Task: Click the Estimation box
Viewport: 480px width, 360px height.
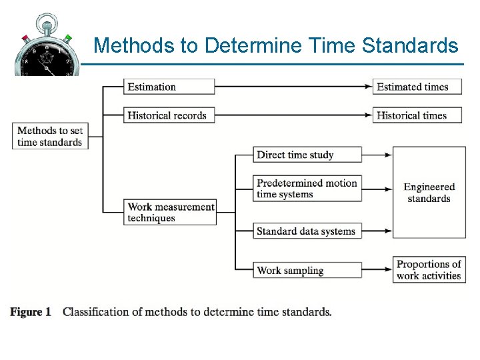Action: [x=169, y=87]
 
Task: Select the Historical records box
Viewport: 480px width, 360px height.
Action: [x=169, y=115]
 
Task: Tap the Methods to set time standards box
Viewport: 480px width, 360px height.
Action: [x=50, y=136]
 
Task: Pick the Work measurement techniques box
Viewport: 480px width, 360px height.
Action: [x=171, y=212]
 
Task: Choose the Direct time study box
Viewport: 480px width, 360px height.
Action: [x=307, y=155]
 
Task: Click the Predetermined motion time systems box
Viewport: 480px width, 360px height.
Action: [x=307, y=189]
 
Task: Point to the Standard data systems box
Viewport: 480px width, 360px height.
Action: [x=307, y=231]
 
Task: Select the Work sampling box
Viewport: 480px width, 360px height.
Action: [x=307, y=270]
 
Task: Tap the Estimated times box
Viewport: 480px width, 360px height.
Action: [x=417, y=87]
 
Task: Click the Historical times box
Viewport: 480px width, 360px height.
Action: [x=417, y=115]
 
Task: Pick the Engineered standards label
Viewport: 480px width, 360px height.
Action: [x=429, y=193]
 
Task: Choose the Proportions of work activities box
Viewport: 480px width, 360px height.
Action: [x=429, y=270]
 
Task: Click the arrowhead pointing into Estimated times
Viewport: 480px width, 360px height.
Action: [x=368, y=87]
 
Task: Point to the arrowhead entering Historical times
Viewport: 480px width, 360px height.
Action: [x=368, y=115]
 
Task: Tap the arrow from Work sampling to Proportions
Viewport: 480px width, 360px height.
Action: [x=377, y=270]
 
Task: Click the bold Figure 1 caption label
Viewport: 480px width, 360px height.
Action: [x=31, y=312]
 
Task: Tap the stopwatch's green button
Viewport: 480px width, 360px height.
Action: [x=67, y=38]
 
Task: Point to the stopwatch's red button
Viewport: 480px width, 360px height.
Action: [x=25, y=38]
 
